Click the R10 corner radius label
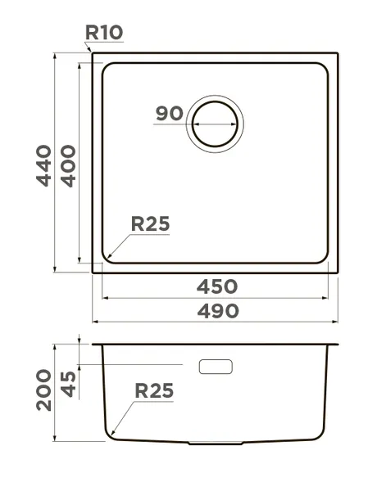point(104,32)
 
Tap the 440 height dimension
point(43,165)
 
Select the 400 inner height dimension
point(68,166)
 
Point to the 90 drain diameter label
point(170,113)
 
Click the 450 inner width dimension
point(217,286)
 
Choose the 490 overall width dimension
point(218,310)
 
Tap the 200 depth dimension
point(43,390)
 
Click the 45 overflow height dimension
point(68,385)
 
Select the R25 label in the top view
point(150,223)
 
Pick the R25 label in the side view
point(154,390)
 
